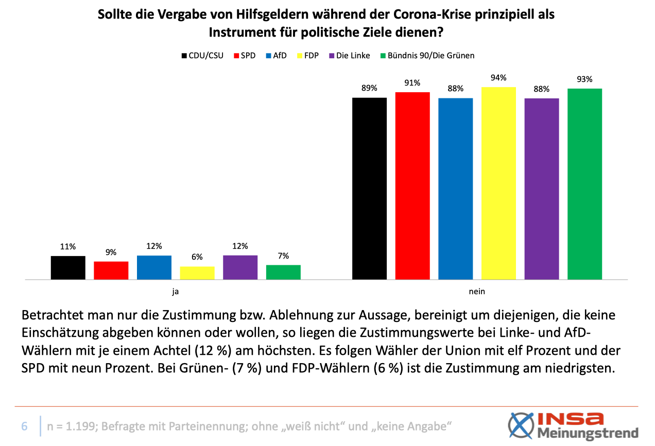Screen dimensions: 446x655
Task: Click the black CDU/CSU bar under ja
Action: pyautogui.click(x=68, y=268)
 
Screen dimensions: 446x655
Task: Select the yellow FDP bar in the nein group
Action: pyautogui.click(x=498, y=183)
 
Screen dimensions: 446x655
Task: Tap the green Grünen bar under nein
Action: pyautogui.click(x=584, y=184)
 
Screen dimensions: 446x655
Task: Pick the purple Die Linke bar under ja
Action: pyautogui.click(x=240, y=267)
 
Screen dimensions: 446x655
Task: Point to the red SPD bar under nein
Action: pyautogui.click(x=412, y=186)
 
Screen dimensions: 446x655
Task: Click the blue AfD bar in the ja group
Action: pyautogui.click(x=154, y=267)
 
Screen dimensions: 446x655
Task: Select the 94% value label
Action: pyautogui.click(x=498, y=78)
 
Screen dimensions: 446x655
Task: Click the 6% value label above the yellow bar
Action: pyautogui.click(x=197, y=257)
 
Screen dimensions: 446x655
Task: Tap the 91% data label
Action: pyautogui.click(x=412, y=83)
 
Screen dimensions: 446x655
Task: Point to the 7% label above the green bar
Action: pyautogui.click(x=283, y=255)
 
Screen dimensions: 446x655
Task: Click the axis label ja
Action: pyautogui.click(x=176, y=291)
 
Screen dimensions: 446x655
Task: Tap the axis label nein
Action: pyautogui.click(x=477, y=291)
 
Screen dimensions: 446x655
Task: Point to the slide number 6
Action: pyautogui.click(x=24, y=426)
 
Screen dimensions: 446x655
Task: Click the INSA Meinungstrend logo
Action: pyautogui.click(x=573, y=425)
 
